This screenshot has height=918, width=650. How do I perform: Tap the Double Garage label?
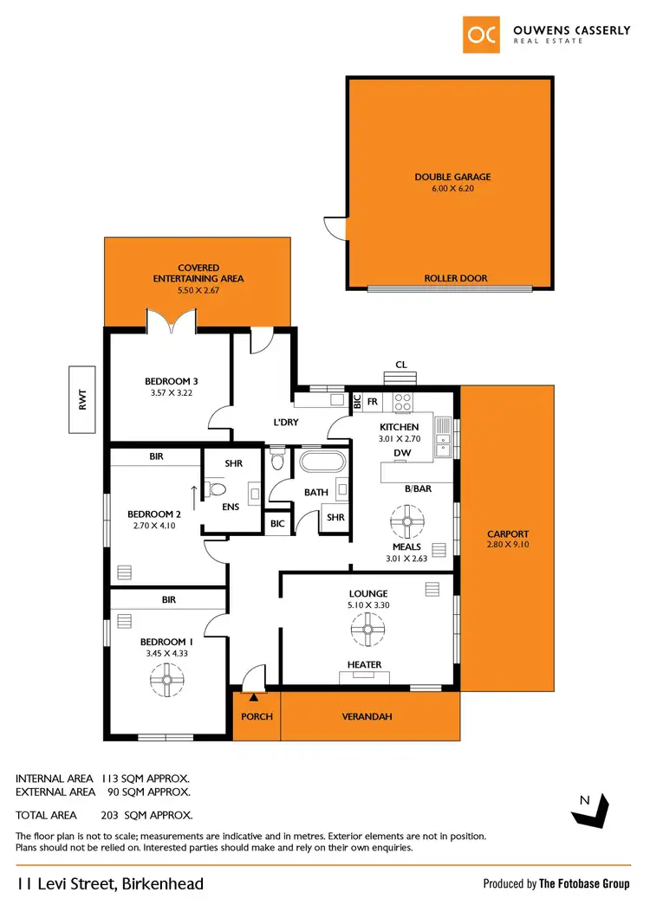point(452,178)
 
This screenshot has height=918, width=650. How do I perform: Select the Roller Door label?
point(455,279)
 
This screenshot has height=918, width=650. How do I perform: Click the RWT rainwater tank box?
point(81,399)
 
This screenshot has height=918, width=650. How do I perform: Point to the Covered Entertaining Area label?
point(198,274)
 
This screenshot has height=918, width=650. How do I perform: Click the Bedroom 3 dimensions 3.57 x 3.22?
point(171,392)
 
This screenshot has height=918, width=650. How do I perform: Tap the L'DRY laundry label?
point(286,421)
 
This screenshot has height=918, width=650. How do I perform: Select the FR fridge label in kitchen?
point(373,403)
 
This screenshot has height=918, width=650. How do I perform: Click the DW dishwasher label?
point(401,452)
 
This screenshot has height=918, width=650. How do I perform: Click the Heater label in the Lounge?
point(364,665)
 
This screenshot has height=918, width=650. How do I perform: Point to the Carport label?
point(508,534)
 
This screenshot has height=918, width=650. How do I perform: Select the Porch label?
point(257,716)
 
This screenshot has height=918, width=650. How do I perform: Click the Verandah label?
point(371,716)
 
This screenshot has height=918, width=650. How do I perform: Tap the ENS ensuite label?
point(231,507)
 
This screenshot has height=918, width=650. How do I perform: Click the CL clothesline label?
point(400,365)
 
